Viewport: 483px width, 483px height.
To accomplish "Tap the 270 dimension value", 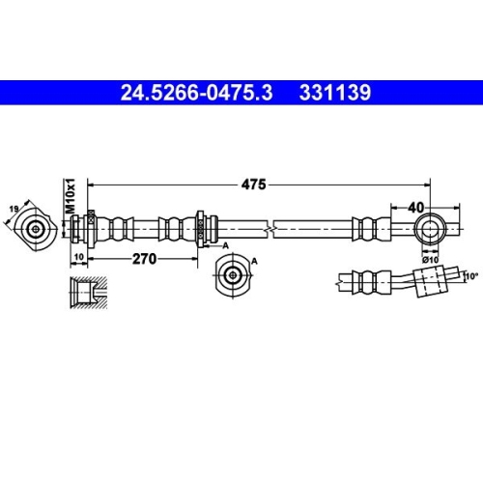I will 145,258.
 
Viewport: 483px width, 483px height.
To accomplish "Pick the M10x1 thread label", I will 71,197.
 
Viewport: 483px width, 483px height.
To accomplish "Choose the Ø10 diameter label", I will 430,258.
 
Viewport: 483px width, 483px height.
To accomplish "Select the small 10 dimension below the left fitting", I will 78,258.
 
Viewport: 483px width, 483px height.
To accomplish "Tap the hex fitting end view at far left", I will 37,230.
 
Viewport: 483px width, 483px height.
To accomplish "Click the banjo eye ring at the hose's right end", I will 429,230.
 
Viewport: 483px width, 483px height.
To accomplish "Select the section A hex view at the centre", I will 232,275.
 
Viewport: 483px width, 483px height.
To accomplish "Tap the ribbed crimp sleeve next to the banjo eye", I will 368,230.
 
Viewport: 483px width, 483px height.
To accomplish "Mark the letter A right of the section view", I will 254,262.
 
